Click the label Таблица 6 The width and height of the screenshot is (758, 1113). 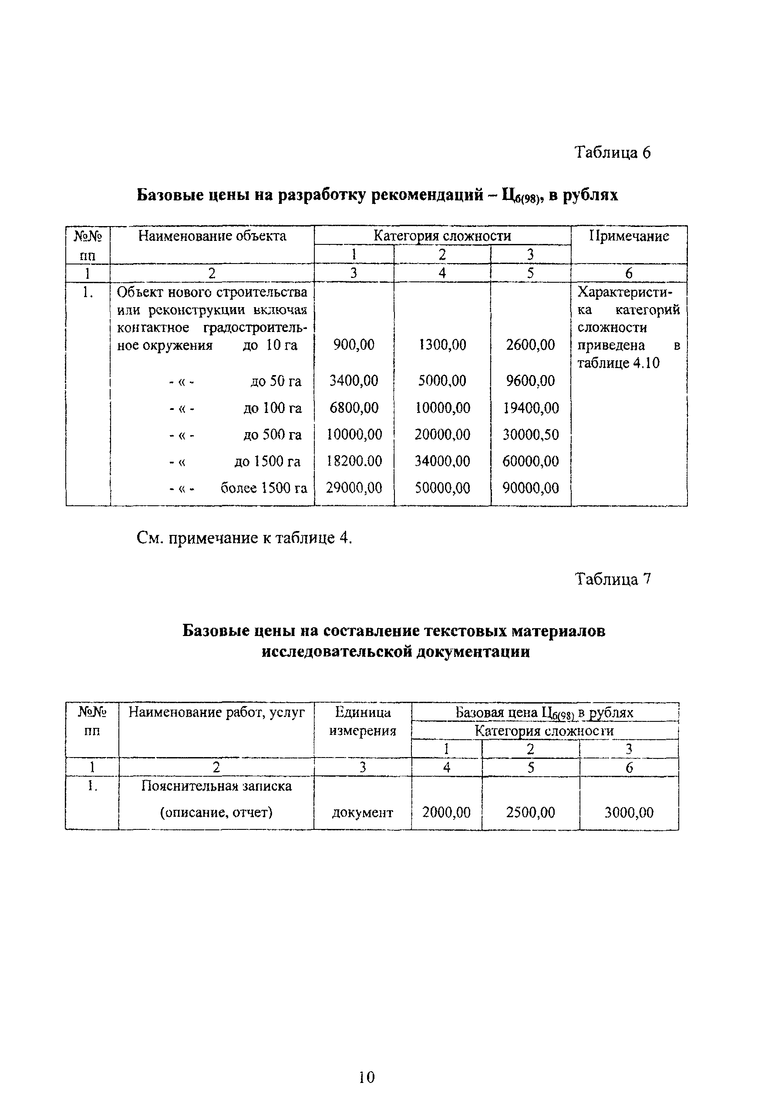pos(612,152)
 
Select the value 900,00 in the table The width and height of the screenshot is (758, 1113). pos(354,345)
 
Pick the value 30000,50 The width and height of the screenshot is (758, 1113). pos(530,434)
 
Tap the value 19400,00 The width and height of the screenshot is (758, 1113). pos(530,408)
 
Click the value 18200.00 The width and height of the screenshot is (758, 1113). pos(354,461)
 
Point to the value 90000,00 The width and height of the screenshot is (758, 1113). pos(530,488)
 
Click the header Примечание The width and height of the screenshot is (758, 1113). pos(628,236)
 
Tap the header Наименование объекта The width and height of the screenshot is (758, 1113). pos(212,236)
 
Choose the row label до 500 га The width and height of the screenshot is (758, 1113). pos(272,434)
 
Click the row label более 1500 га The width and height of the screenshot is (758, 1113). pos(264,488)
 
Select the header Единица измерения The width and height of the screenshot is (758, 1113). pos(362,721)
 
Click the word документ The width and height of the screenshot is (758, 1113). pos(362,813)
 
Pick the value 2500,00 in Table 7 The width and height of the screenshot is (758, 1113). pos(530,812)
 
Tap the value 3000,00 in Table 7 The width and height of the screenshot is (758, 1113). pos(628,812)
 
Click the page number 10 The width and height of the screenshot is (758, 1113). pos(367,1078)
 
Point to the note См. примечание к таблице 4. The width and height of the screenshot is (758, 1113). pos(244,538)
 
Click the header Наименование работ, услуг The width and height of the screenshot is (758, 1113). pos(216,713)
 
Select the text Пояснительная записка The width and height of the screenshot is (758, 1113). pos(216,786)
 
